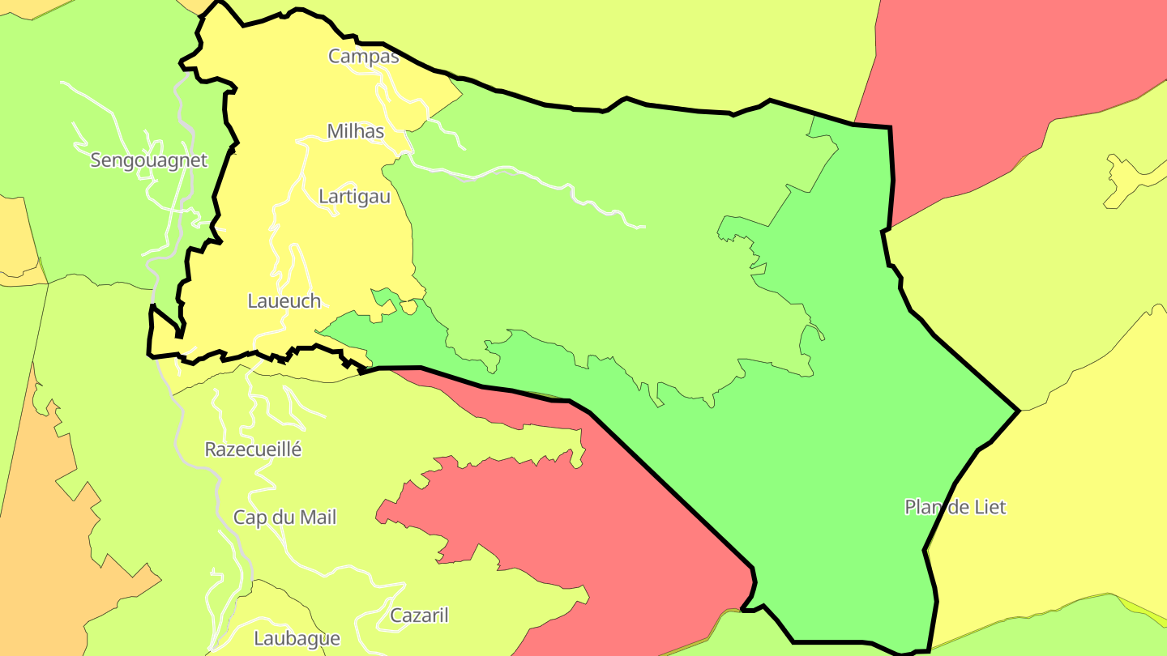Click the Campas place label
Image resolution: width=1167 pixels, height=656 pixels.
click(x=363, y=57)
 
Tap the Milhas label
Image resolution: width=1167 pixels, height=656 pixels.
click(x=355, y=131)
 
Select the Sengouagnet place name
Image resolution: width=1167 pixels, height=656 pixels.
click(x=148, y=160)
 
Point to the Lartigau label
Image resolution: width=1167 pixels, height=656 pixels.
click(x=354, y=197)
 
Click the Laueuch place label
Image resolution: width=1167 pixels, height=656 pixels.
click(x=284, y=301)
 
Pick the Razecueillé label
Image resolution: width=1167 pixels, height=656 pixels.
click(x=253, y=449)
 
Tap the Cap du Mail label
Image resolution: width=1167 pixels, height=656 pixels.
click(x=284, y=518)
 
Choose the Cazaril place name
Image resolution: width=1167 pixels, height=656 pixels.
click(x=419, y=616)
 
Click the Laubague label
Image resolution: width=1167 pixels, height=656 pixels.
click(x=297, y=638)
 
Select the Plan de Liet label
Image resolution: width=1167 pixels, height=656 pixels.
click(x=955, y=508)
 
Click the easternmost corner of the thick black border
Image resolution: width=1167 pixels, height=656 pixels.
click(x=1018, y=411)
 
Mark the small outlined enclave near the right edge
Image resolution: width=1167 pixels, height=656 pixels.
click(x=1122, y=178)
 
